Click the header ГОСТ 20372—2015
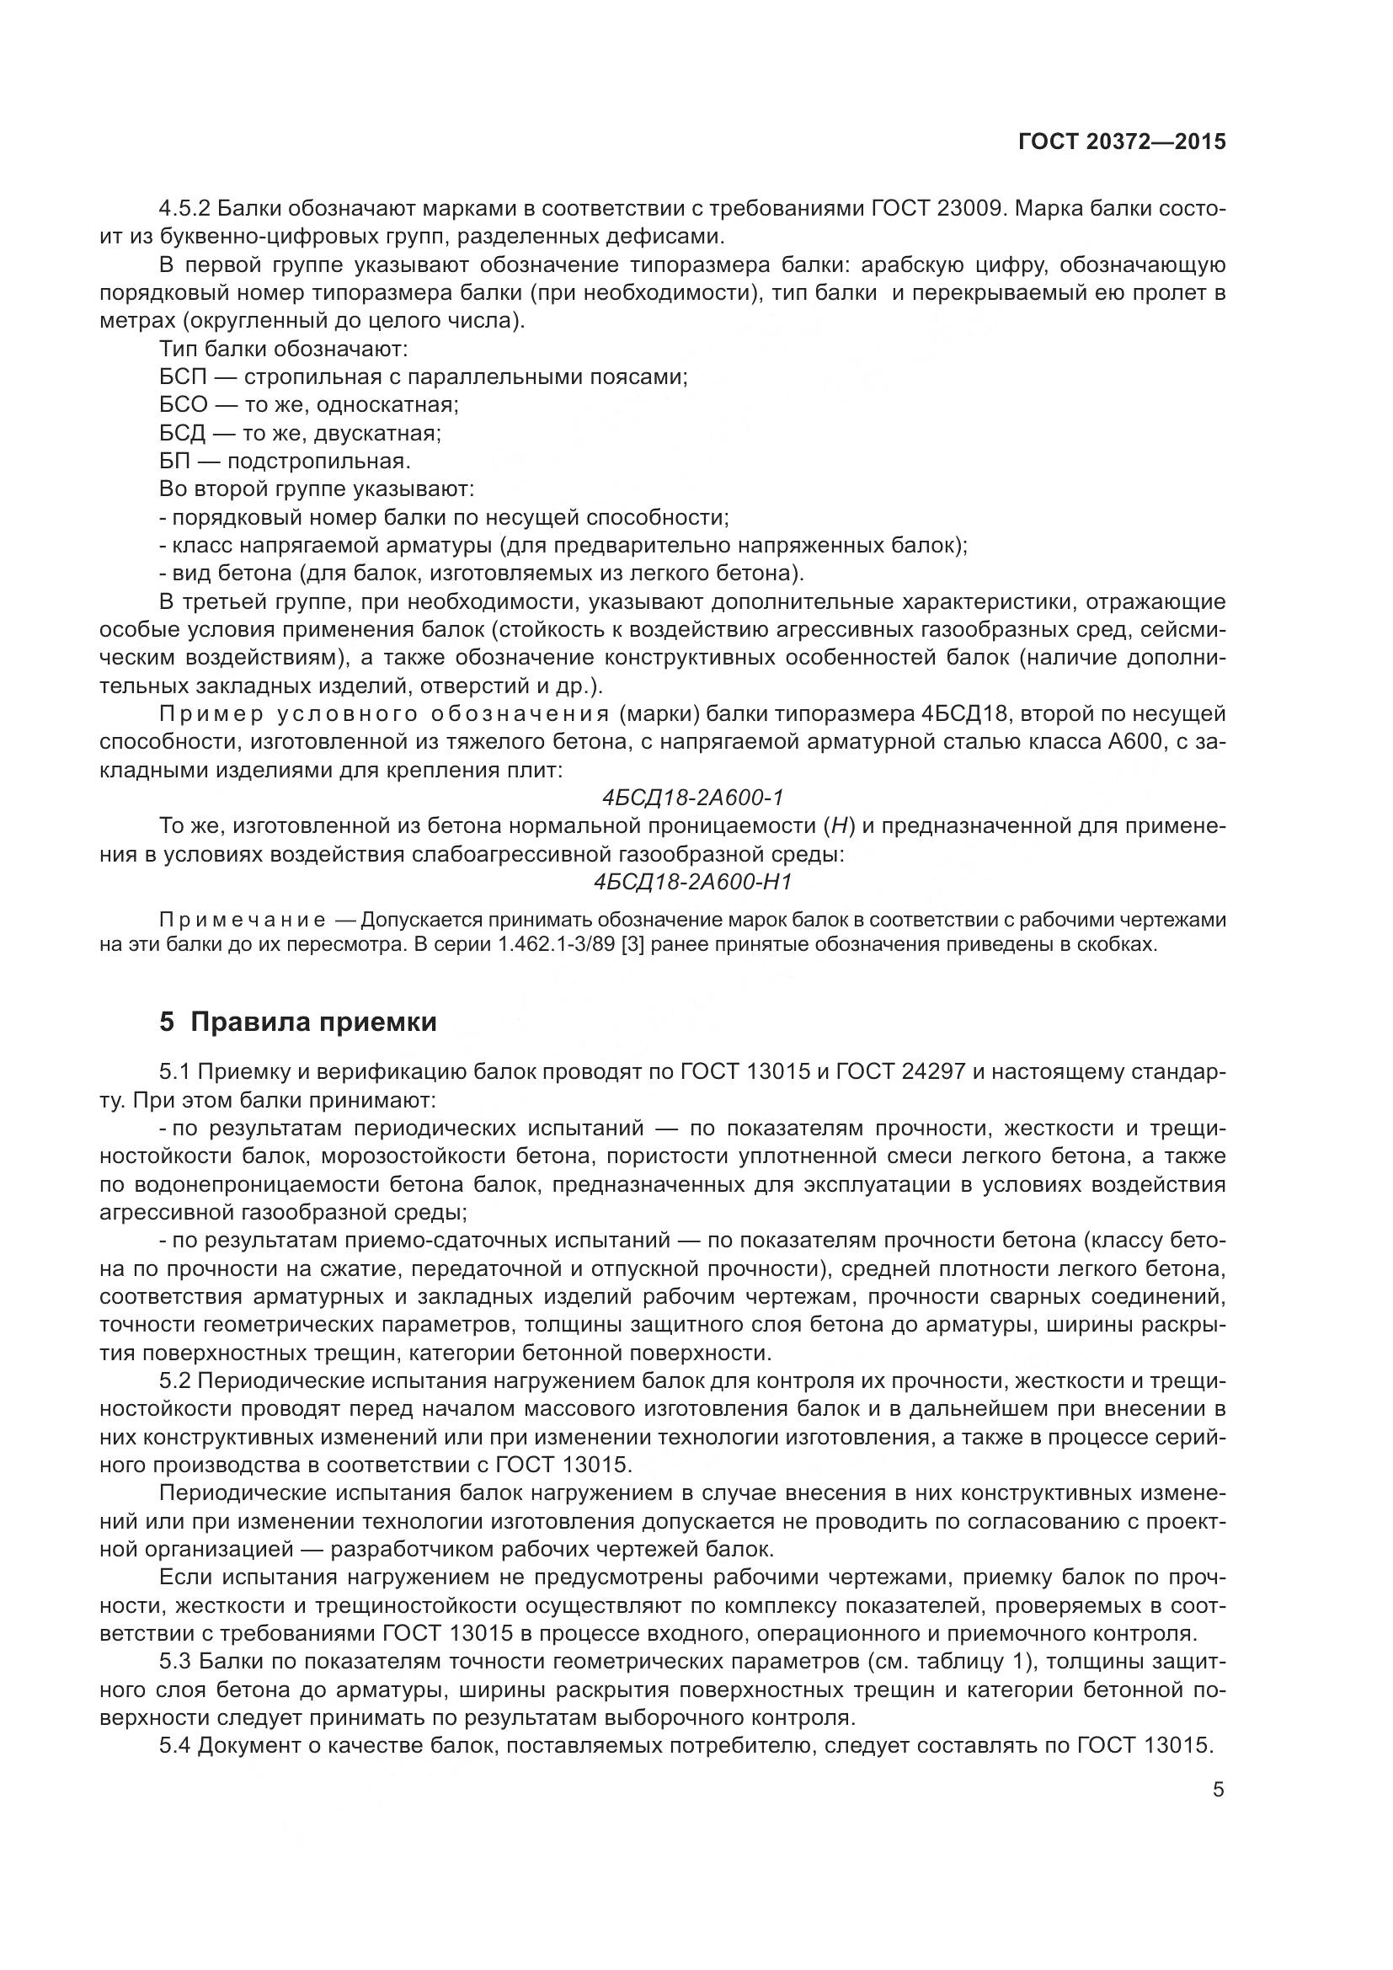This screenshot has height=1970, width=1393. pos(1121,141)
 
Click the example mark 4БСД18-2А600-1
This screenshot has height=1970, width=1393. pos(693,798)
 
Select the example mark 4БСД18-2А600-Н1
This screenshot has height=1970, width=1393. pos(693,883)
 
